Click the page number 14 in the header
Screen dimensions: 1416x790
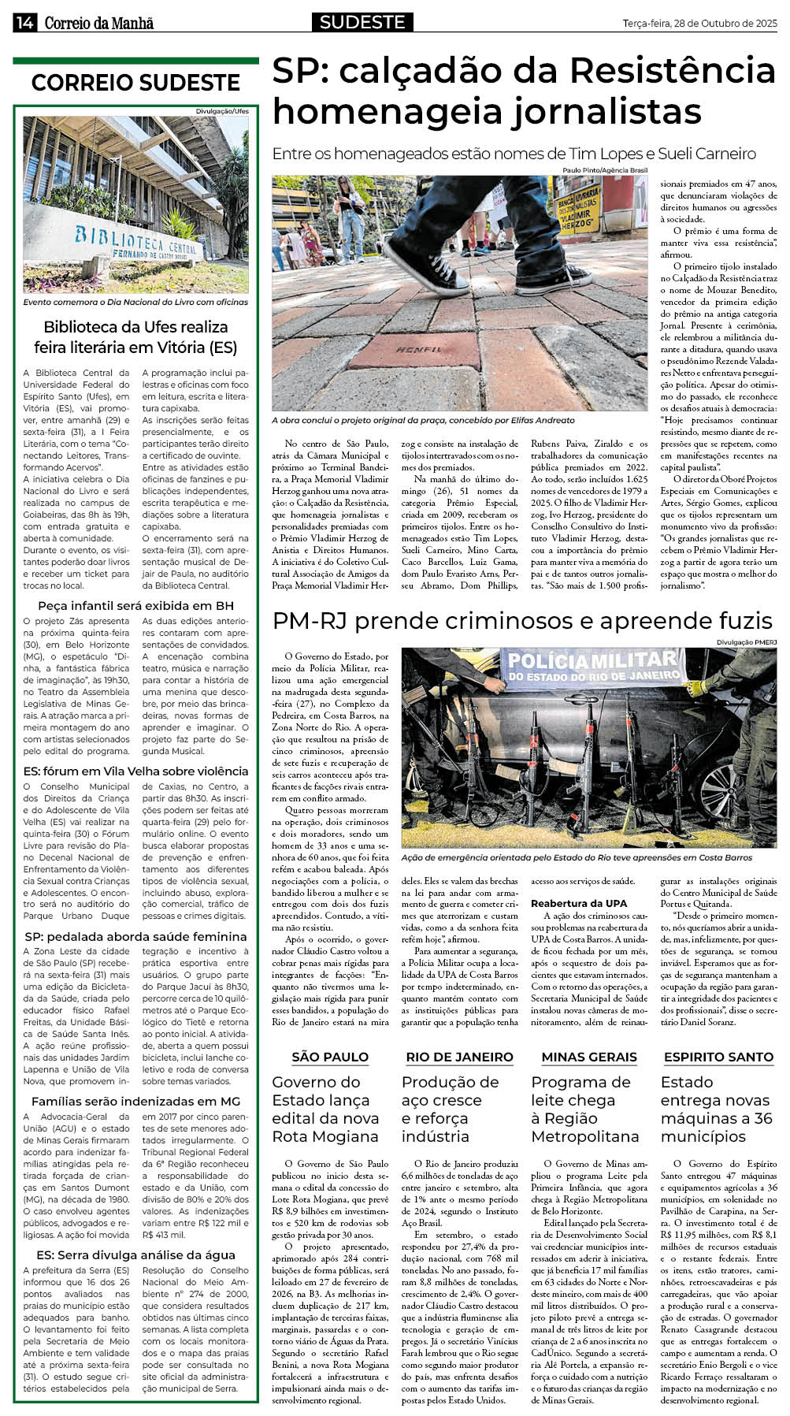(24, 23)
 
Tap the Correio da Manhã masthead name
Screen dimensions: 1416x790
(98, 23)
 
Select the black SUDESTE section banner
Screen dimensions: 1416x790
(362, 22)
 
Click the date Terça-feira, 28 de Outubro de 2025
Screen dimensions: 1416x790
(699, 23)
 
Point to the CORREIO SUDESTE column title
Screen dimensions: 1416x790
(135, 83)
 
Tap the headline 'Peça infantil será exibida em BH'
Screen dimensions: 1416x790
(135, 605)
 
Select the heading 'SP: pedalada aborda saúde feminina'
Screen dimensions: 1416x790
(135, 936)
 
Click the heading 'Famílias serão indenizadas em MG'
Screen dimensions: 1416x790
(135, 1101)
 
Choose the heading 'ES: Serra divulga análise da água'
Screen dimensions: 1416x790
(135, 1254)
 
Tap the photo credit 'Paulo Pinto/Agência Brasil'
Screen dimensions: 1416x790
(604, 170)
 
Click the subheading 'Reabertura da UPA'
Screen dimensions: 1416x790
(579, 903)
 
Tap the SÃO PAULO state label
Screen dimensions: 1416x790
(330, 1057)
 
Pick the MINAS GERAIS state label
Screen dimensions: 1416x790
(589, 1057)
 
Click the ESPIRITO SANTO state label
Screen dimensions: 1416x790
(718, 1057)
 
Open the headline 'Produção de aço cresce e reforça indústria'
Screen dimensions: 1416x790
(450, 1109)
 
